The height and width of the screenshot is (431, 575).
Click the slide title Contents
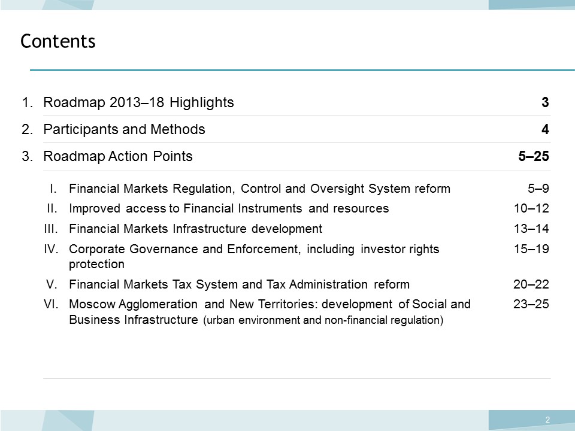click(58, 41)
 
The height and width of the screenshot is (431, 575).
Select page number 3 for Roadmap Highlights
click(545, 102)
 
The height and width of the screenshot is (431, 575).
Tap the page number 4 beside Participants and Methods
click(545, 129)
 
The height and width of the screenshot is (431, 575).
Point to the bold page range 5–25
click(534, 156)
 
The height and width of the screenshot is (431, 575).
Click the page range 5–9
click(538, 189)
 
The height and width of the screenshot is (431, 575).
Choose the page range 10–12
click(531, 208)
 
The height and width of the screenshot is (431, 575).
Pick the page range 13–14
click(531, 229)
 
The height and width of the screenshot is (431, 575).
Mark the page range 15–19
click(531, 249)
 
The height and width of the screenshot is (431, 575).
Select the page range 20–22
click(531, 284)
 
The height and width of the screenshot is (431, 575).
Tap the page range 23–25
click(531, 304)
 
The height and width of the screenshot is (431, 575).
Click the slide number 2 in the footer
click(547, 420)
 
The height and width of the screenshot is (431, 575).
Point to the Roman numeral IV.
click(51, 249)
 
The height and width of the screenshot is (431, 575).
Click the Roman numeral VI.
click(51, 304)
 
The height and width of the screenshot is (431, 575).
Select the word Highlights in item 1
click(202, 102)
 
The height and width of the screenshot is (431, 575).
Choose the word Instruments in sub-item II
click(270, 208)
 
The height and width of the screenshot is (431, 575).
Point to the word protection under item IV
click(97, 264)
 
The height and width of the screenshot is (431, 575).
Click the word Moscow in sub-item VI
click(92, 304)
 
